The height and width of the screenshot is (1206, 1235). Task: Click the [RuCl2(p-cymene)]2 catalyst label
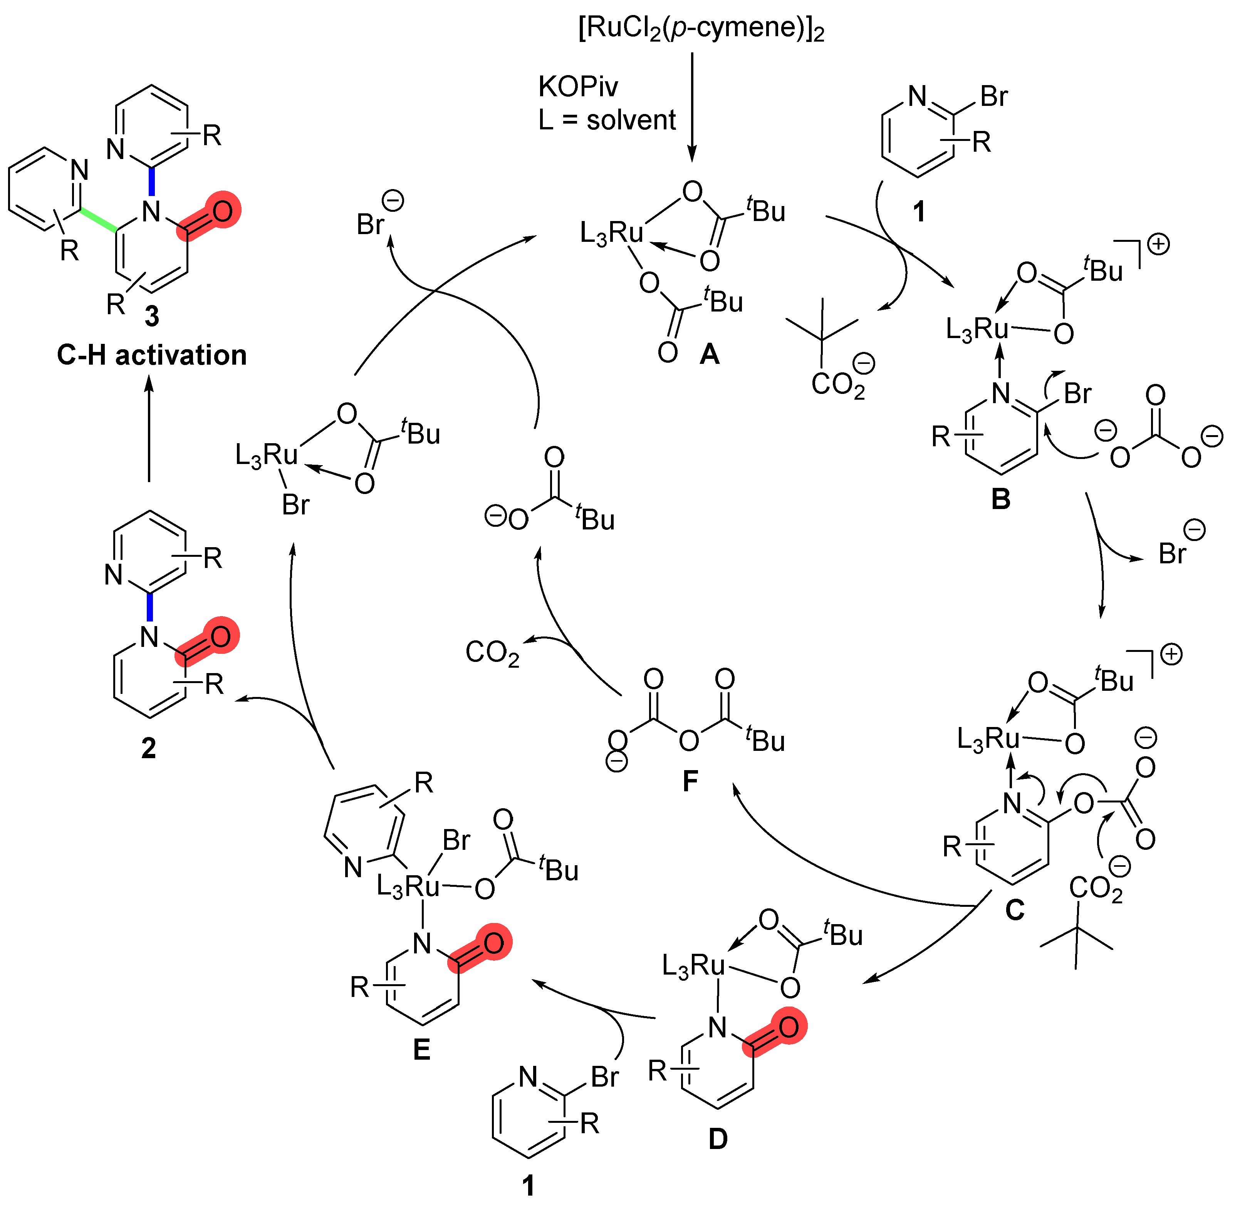pos(701,28)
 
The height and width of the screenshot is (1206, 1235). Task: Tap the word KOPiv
pos(577,87)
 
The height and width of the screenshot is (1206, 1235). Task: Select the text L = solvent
pos(606,120)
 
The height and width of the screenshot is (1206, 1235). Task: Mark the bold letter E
pos(421,1050)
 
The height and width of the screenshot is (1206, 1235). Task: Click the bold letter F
pos(690,781)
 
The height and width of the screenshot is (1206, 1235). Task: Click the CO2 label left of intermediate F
pos(492,652)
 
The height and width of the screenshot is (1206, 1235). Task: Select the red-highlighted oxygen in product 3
pos(222,211)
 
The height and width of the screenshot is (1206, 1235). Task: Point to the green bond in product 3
pos(98,222)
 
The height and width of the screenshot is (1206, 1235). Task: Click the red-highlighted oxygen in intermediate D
pos(788,1027)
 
